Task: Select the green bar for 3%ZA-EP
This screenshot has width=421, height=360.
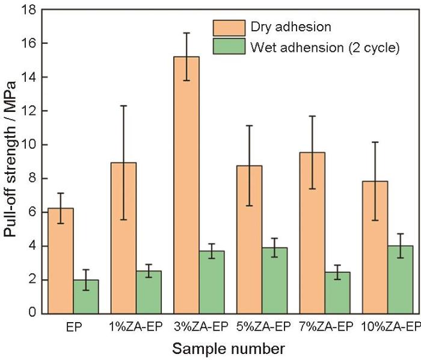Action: click(x=211, y=282)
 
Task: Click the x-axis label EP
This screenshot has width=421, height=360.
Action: click(x=73, y=327)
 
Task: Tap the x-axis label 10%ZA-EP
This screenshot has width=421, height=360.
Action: click(x=389, y=327)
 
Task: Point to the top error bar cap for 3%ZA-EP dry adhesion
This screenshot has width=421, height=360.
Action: click(x=186, y=33)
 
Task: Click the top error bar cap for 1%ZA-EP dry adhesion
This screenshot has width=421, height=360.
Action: click(x=123, y=106)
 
